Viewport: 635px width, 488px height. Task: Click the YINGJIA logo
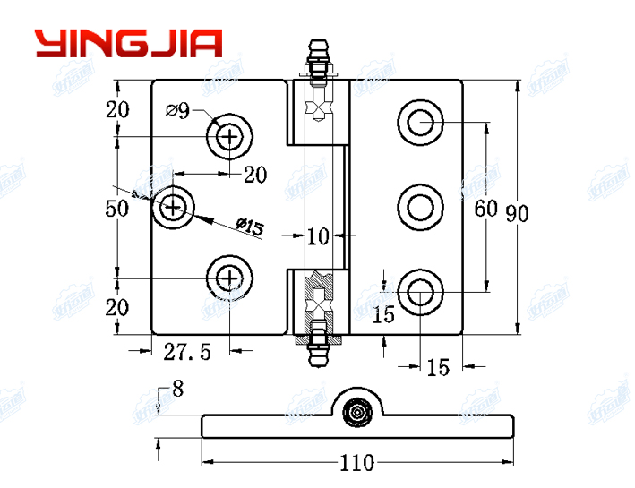128,43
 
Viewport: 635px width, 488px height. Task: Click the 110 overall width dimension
357,464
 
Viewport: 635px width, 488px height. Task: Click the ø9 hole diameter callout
177,111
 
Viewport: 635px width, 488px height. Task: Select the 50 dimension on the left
117,209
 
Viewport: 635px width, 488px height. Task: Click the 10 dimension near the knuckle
318,236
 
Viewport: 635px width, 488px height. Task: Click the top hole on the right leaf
419,120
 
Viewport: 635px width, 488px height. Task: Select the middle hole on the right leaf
419,207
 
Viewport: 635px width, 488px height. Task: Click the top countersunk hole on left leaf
230,137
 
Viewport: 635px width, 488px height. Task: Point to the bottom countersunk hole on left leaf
230,278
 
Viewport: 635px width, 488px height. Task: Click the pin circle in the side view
358,413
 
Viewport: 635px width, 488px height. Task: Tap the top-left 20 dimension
117,110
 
